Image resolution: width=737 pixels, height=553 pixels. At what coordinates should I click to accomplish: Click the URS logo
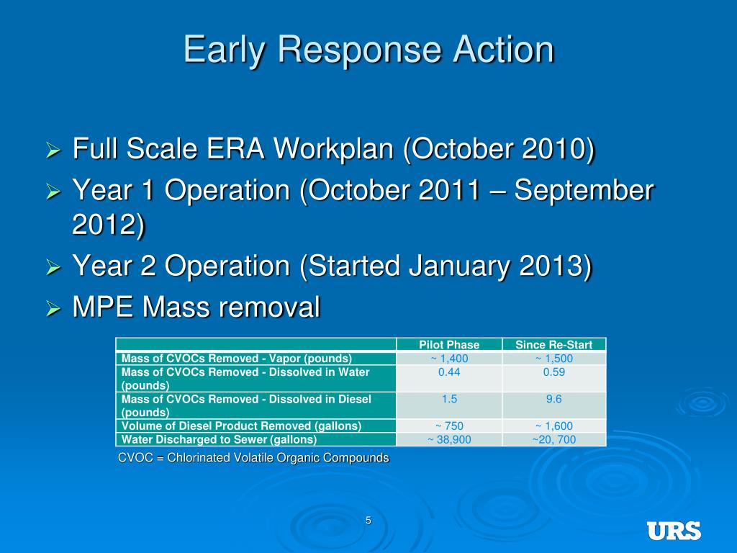click(x=674, y=531)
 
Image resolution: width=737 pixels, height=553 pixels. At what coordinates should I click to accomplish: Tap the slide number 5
click(x=368, y=521)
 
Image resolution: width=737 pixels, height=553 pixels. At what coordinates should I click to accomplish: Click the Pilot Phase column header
click(x=449, y=345)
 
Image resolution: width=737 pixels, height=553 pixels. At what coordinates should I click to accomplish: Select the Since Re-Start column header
click(x=553, y=345)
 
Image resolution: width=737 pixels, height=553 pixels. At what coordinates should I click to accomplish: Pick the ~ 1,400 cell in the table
click(x=449, y=359)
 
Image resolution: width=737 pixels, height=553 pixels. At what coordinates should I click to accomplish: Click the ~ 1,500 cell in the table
click(x=554, y=359)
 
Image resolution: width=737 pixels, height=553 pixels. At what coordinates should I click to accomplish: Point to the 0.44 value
click(x=449, y=372)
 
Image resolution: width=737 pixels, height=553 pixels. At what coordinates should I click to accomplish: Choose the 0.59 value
click(x=553, y=372)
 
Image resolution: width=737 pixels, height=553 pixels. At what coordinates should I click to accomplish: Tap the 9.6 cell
click(x=553, y=399)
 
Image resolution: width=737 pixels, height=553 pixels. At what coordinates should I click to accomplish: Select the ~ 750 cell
click(x=449, y=426)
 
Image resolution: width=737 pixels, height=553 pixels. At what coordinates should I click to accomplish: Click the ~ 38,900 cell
click(x=449, y=440)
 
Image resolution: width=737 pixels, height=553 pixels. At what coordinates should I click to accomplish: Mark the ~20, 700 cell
click(x=553, y=440)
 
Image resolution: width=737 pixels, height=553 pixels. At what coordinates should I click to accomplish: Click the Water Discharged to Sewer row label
click(x=219, y=440)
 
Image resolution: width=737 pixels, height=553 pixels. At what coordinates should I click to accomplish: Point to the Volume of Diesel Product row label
click(x=242, y=426)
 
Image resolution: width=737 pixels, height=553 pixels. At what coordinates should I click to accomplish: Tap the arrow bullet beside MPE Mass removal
click(x=54, y=309)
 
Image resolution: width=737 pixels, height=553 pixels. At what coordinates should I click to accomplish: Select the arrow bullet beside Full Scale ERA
click(x=54, y=150)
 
